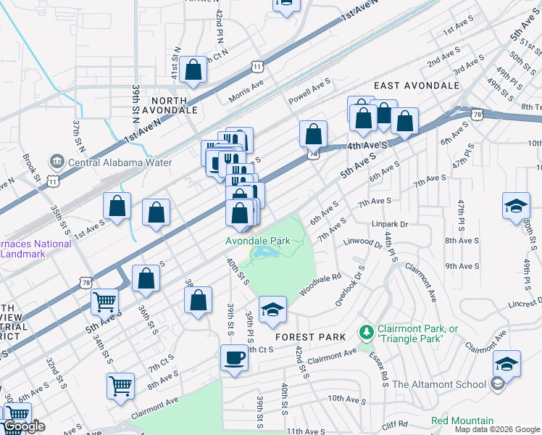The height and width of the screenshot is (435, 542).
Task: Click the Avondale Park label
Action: pos(259,240)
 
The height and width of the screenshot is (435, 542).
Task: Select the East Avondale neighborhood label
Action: pos(417,86)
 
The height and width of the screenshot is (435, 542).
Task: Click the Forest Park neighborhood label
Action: pos(305,337)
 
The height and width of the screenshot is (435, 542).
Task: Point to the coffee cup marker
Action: pos(234,360)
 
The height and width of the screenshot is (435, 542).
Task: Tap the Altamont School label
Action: pos(443,384)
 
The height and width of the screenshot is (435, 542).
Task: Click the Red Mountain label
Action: pos(462,420)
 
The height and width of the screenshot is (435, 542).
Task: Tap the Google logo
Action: pos(24,426)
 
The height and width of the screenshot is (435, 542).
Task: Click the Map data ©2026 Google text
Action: pos(498,429)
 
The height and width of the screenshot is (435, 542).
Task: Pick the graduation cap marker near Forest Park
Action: pos(272,312)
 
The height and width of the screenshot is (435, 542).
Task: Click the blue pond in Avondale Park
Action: pos(264,253)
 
